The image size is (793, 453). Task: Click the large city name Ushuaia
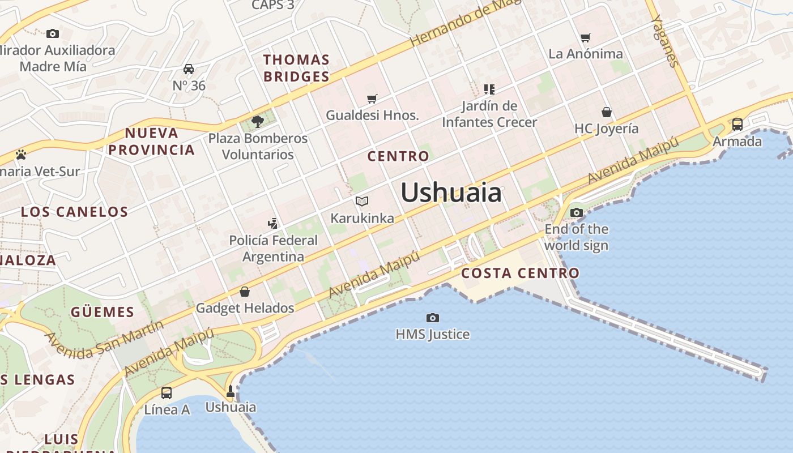[x=451, y=193]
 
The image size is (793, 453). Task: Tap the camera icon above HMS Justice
[x=433, y=318]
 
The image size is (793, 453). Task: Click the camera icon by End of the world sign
[x=577, y=213]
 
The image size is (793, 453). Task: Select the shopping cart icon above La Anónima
[x=586, y=38]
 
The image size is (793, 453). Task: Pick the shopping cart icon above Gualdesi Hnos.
[x=372, y=99]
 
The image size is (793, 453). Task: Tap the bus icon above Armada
[x=737, y=125]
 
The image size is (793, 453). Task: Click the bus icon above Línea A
[x=167, y=392]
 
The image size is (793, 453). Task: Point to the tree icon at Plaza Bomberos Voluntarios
[x=258, y=121]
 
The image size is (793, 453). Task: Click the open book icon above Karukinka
[x=362, y=201]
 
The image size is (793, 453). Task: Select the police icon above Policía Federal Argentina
[x=273, y=223]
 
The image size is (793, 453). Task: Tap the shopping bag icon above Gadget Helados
[x=245, y=292]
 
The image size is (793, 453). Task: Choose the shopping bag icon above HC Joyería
[x=607, y=112]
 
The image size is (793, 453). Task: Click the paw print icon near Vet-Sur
[x=21, y=155]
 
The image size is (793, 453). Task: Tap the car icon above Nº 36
[x=189, y=69]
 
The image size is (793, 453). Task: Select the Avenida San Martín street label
[x=104, y=340]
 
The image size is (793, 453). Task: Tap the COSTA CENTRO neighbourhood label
[x=520, y=273]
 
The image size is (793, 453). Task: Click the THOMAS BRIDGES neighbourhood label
[x=296, y=68]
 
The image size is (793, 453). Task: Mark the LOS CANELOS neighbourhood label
[x=75, y=212]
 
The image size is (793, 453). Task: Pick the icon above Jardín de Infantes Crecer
[x=489, y=89]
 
